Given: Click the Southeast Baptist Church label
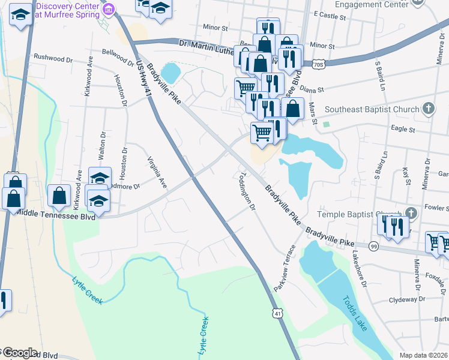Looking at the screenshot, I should (x=372, y=109).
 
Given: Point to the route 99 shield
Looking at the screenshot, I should (x=374, y=247).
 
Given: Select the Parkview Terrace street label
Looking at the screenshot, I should (x=285, y=269).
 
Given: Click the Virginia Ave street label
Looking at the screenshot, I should (x=157, y=173).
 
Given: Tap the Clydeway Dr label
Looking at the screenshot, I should (x=406, y=299).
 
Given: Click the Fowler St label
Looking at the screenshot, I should (x=436, y=208).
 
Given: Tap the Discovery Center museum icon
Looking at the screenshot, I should (x=109, y=8).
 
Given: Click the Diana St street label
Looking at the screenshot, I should (x=312, y=89).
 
